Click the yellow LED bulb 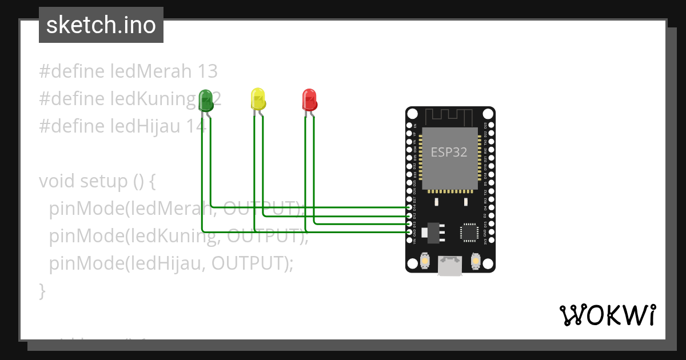click(258, 98)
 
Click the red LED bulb click(309, 99)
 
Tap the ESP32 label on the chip click(449, 152)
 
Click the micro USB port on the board click(450, 266)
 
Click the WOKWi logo click(607, 315)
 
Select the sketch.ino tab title click(101, 25)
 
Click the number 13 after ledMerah click(207, 71)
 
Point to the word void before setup click(57, 181)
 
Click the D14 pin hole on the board click(409, 207)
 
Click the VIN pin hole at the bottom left click(409, 241)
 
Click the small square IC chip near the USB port click(469, 232)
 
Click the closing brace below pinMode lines click(42, 291)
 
